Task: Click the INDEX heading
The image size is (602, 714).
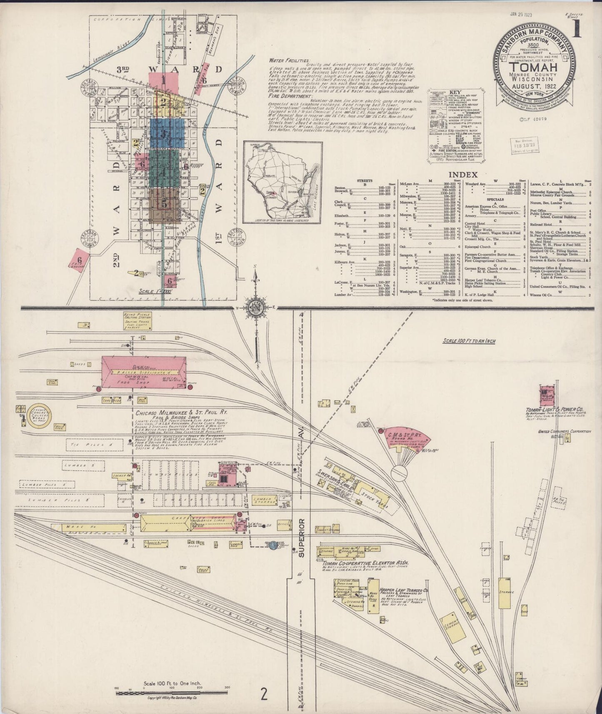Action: click(x=462, y=175)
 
